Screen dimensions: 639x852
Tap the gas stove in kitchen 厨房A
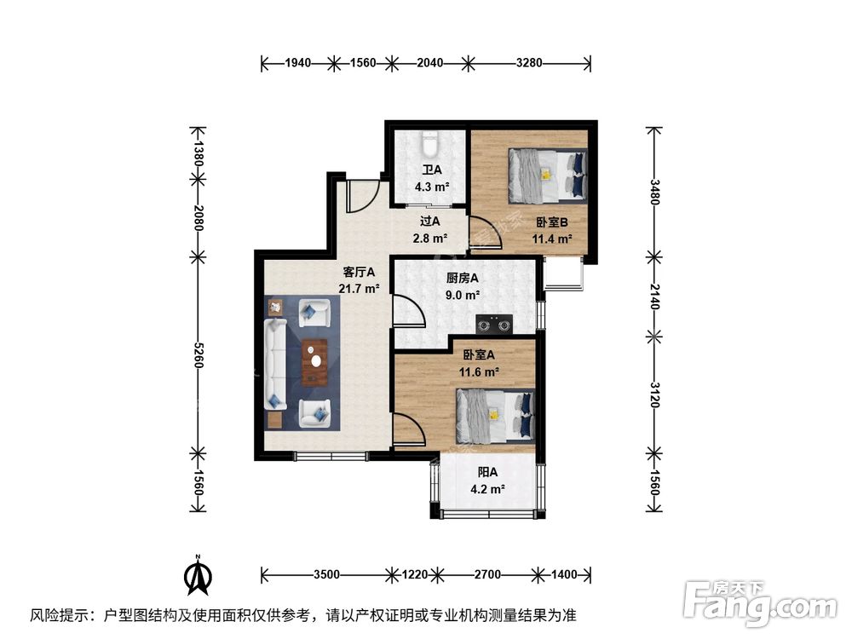pyautogui.click(x=495, y=323)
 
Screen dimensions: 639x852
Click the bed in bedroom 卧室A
pyautogui.click(x=495, y=415)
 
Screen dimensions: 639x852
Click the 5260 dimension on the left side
pyautogui.click(x=198, y=353)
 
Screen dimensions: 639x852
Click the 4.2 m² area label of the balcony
pyautogui.click(x=488, y=489)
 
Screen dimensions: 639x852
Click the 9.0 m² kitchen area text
pyautogui.click(x=463, y=294)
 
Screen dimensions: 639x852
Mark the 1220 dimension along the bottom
pyautogui.click(x=417, y=574)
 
